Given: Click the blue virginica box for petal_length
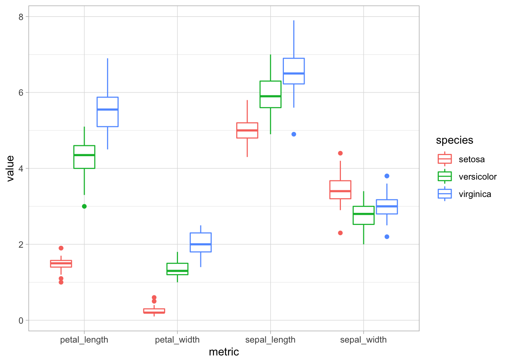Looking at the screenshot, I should [108, 112].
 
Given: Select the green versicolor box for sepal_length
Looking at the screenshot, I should [271, 94].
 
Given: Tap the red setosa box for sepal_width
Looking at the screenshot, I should [340, 189].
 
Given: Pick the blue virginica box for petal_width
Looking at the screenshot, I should [201, 242].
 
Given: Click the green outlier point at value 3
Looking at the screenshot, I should [84, 206].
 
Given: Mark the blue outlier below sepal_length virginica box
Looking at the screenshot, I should [294, 134].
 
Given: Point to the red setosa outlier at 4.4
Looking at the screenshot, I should [340, 153].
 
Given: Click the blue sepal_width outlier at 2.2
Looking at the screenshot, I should [387, 237].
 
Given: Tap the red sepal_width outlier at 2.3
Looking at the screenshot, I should [340, 233].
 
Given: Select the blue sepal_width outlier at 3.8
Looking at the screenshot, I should [387, 176].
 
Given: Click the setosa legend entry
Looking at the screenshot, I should [471, 159].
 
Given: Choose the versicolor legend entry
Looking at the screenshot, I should [477, 177].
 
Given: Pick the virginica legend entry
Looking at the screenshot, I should [475, 194].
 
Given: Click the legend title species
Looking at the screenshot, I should [454, 140].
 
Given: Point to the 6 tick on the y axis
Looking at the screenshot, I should [21, 93].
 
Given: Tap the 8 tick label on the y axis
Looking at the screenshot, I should [21, 17].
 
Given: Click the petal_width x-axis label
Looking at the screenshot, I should [177, 340].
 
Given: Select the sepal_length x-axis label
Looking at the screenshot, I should [270, 340].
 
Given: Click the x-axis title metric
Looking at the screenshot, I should [224, 352].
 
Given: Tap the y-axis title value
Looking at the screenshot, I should [10, 169].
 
